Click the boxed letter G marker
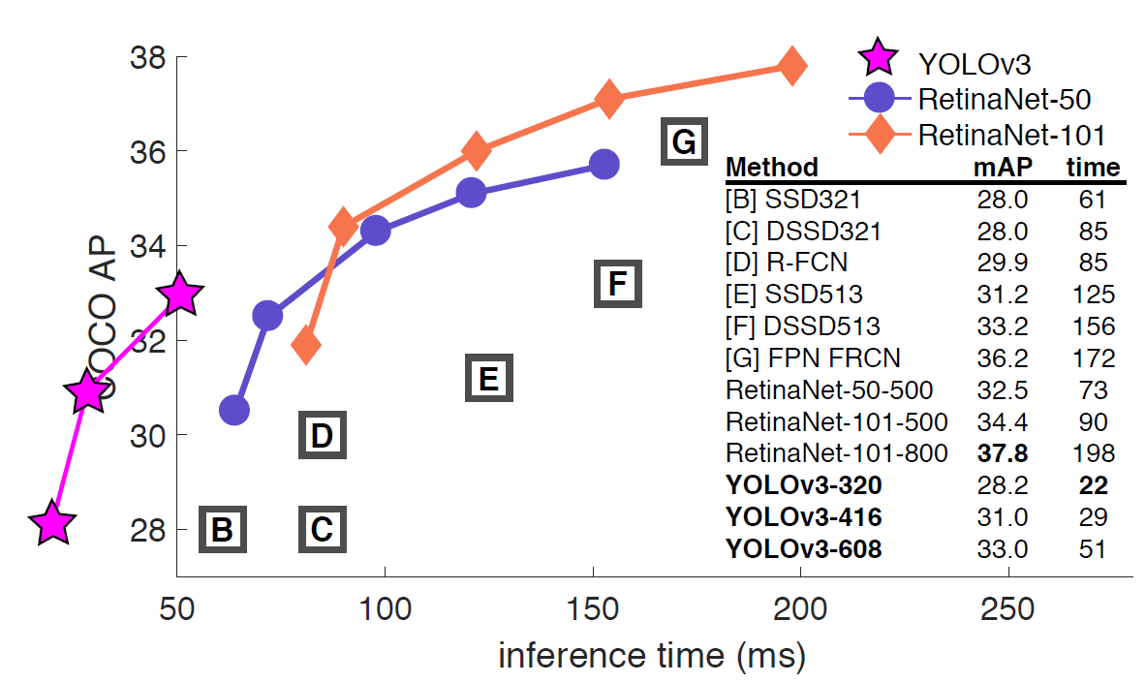[x=683, y=142]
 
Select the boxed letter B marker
[x=223, y=529]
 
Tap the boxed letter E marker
[x=488, y=378]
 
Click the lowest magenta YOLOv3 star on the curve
[x=52, y=524]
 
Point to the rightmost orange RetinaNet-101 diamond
[x=791, y=66]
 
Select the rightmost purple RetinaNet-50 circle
[x=604, y=165]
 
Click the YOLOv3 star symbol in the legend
[x=879, y=60]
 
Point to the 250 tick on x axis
[x=1008, y=610]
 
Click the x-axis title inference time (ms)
[x=651, y=655]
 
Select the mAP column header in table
[x=1002, y=168]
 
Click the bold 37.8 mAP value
[x=1002, y=453]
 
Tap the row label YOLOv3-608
[x=803, y=549]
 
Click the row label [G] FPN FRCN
[x=812, y=358]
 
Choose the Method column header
[x=771, y=168]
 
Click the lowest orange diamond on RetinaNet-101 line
[x=306, y=344]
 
